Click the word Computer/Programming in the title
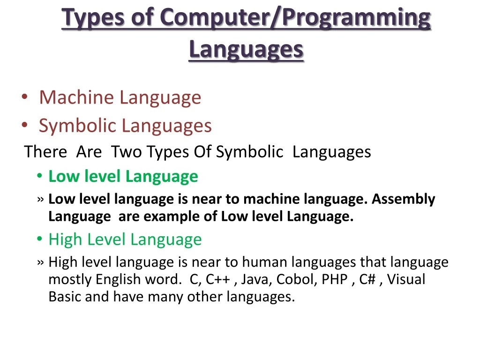(x=294, y=19)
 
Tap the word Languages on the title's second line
(x=246, y=49)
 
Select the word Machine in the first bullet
(x=76, y=97)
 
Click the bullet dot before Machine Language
(x=24, y=98)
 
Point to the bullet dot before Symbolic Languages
(x=24, y=126)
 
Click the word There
(x=45, y=152)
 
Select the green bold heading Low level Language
(x=123, y=177)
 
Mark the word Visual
(x=406, y=280)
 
